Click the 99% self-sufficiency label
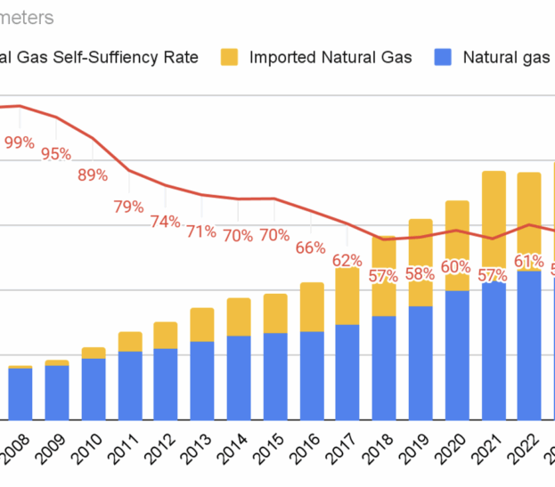pyautogui.click(x=19, y=142)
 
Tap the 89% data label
pyautogui.click(x=93, y=175)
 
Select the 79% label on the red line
pyautogui.click(x=128, y=207)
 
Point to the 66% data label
pyautogui.click(x=310, y=248)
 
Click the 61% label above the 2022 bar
pyautogui.click(x=529, y=261)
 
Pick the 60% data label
pyautogui.click(x=456, y=266)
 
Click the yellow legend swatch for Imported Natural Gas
pyautogui.click(x=230, y=58)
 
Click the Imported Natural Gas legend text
pyautogui.click(x=331, y=58)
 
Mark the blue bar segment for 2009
pyautogui.click(x=57, y=393)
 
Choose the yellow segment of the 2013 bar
pyautogui.click(x=202, y=325)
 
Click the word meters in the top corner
pyautogui.click(x=27, y=17)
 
